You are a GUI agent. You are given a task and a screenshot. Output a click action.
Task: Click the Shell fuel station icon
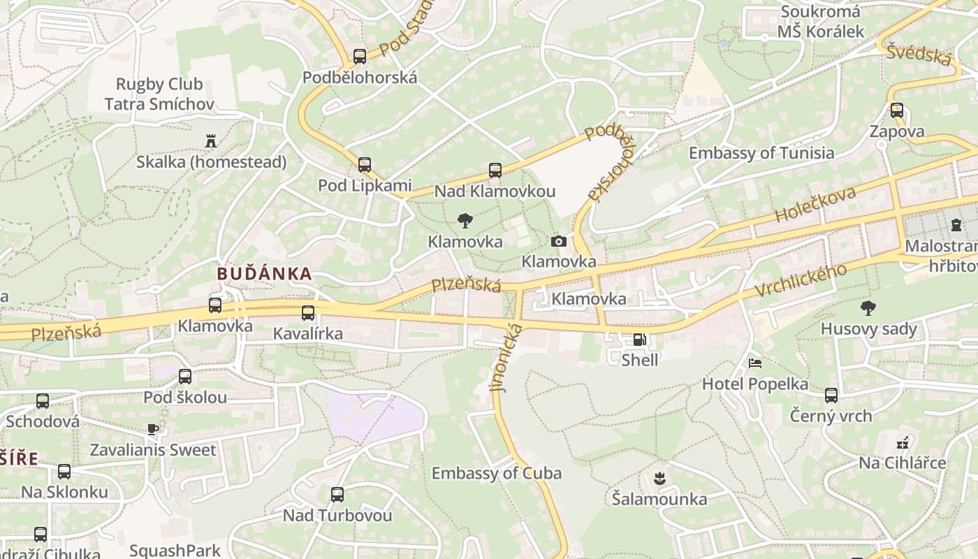[638, 340]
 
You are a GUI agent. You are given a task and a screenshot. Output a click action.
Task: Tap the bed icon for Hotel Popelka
[755, 363]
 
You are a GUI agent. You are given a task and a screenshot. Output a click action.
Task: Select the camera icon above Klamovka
[559, 241]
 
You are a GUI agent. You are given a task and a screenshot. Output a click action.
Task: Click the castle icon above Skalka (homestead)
[211, 141]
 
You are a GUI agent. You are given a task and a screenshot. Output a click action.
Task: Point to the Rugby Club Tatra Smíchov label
[159, 94]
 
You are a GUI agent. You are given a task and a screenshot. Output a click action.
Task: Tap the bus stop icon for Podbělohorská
[360, 57]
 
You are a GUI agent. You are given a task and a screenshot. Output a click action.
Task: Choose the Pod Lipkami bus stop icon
[365, 165]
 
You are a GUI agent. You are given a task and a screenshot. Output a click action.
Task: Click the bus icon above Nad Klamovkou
[495, 170]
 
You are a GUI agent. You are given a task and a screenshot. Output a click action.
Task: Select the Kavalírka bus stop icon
[308, 313]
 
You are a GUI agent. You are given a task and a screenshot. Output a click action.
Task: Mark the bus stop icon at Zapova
[897, 110]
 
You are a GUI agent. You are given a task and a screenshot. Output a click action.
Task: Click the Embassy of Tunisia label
[761, 153]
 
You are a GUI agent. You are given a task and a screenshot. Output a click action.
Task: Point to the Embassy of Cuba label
[496, 473]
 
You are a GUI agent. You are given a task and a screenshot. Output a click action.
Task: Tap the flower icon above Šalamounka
[659, 479]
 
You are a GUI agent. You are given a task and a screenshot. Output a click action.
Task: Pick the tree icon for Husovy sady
[868, 307]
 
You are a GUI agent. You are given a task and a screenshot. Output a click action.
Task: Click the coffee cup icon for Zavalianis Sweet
[153, 429]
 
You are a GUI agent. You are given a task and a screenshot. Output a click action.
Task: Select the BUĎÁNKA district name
[264, 273]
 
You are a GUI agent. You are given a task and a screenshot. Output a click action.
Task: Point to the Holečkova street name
[815, 204]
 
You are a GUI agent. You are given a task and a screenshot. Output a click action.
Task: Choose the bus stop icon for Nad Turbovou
[337, 495]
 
